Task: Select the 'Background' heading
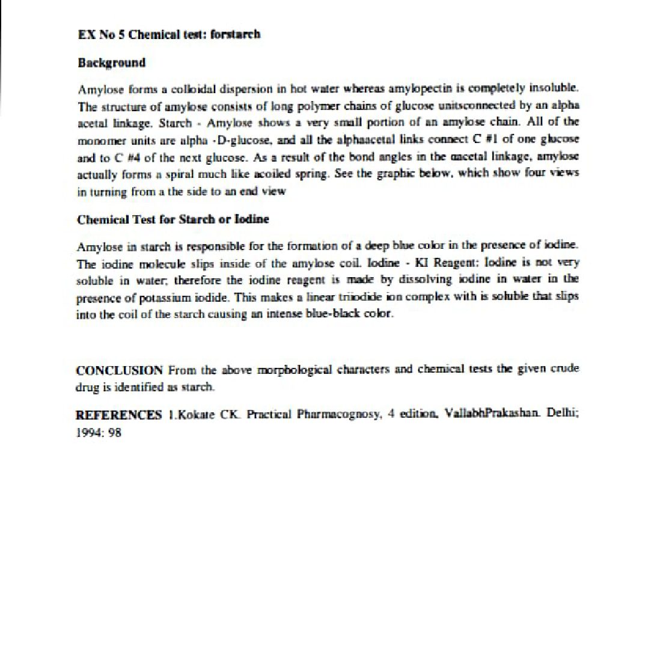click(x=112, y=63)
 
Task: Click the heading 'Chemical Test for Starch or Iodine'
click(x=173, y=219)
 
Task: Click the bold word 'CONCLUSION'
click(x=119, y=370)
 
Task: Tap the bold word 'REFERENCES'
click(x=118, y=415)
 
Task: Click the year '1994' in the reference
click(x=89, y=432)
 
